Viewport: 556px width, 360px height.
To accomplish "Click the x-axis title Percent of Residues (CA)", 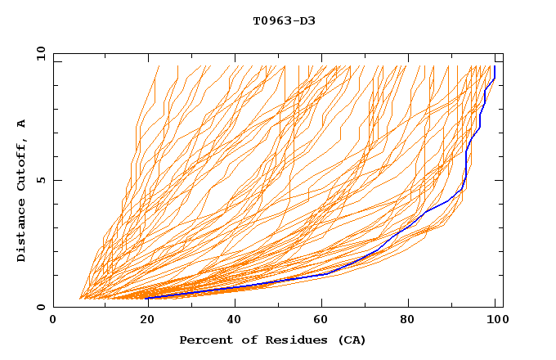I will (x=272, y=340).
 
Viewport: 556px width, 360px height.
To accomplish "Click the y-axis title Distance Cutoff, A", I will (x=22, y=190).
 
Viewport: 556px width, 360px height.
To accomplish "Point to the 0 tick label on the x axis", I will (x=54, y=321).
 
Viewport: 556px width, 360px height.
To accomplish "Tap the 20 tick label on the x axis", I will (x=142, y=321).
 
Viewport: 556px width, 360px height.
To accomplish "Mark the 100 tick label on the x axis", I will (x=496, y=321).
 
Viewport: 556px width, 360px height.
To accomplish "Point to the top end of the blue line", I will (x=495, y=67).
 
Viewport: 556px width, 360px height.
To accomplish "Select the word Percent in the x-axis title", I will (x=204, y=340).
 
